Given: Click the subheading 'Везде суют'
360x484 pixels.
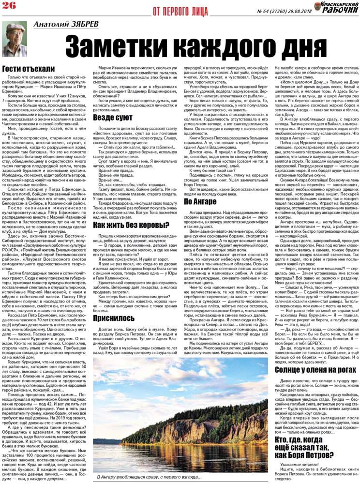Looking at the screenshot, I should (113, 117).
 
